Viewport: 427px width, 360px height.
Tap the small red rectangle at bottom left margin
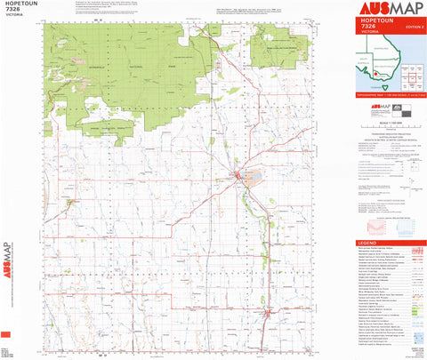point(6,333)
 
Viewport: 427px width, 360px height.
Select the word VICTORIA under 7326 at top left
point(15,20)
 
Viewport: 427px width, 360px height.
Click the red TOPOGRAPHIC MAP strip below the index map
point(390,92)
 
